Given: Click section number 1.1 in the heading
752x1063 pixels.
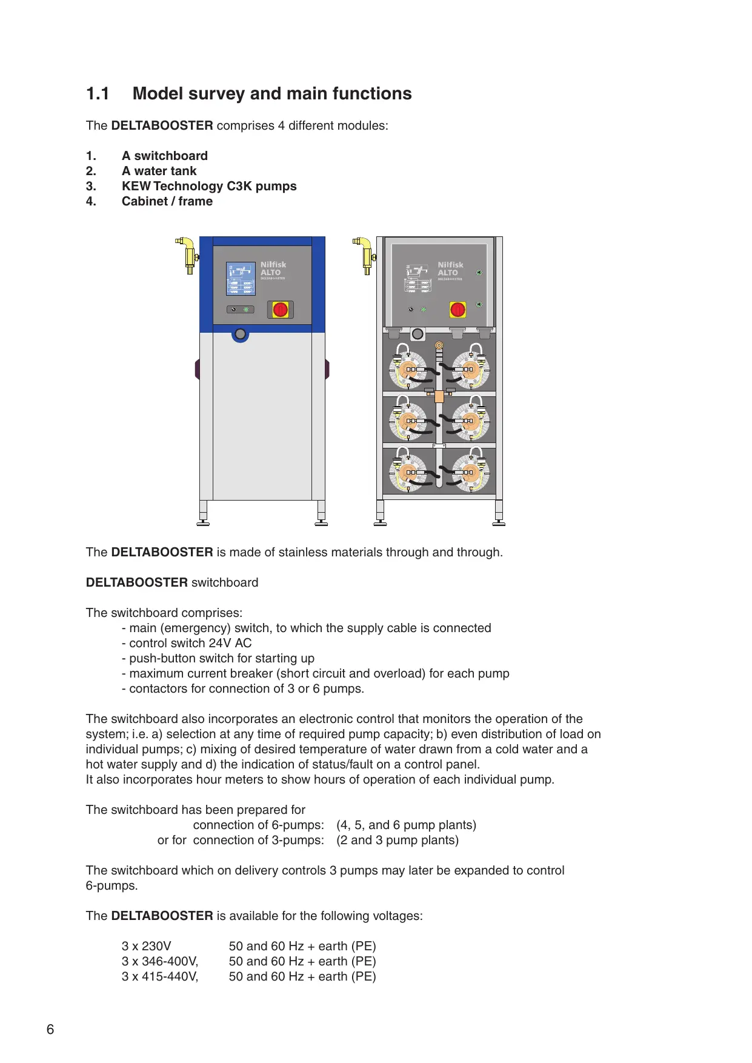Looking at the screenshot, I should (x=98, y=94).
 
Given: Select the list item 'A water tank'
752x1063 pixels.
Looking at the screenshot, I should (x=159, y=171).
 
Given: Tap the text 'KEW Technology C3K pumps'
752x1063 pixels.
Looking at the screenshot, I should (x=209, y=186).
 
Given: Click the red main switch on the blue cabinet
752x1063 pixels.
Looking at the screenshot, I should (x=280, y=310).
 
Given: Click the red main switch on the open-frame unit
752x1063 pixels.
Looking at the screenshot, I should (x=458, y=310).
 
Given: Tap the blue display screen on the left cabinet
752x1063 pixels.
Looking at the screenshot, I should (x=241, y=279).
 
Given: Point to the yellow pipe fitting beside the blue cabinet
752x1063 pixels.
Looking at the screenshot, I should (x=187, y=255).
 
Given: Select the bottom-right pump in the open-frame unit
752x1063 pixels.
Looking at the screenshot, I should (x=468, y=472).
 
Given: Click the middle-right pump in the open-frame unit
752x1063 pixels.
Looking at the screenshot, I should (x=468, y=420).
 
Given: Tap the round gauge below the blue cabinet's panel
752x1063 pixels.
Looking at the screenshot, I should (x=241, y=334).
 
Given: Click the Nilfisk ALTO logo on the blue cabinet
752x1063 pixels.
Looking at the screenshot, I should (x=273, y=269).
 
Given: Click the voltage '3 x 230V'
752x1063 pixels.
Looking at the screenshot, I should (x=147, y=946).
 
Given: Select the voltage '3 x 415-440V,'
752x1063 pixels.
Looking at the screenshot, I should (x=160, y=976).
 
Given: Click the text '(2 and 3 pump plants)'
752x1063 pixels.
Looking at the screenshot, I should (x=398, y=840).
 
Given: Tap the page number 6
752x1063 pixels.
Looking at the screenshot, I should (x=50, y=1029).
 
